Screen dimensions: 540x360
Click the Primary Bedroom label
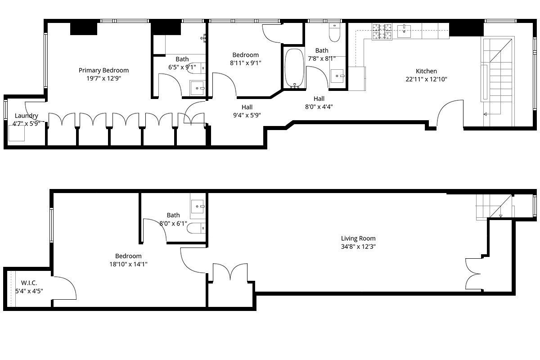pyautogui.click(x=103, y=70)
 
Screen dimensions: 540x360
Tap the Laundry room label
pyautogui.click(x=27, y=116)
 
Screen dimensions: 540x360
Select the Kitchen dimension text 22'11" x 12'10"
pyautogui.click(x=426, y=79)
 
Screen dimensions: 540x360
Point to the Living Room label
pyautogui.click(x=358, y=238)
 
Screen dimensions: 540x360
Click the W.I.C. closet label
pyautogui.click(x=29, y=283)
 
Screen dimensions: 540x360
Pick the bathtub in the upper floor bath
pyautogui.click(x=294, y=68)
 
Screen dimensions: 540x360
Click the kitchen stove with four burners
pyautogui.click(x=382, y=31)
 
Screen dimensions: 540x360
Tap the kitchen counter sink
pyautogui.click(x=404, y=31)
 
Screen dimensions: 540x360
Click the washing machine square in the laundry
pyautogui.click(x=17, y=133)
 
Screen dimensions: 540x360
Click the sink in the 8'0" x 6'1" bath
pyautogui.click(x=198, y=206)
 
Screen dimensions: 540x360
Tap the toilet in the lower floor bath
pyautogui.click(x=196, y=228)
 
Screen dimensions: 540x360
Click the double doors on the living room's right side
pyautogui.click(x=473, y=274)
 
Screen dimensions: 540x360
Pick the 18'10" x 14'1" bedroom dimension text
pyautogui.click(x=129, y=264)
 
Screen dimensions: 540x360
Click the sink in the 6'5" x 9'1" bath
pyautogui.click(x=198, y=88)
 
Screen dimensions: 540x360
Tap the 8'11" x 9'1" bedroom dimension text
pyautogui.click(x=246, y=63)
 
